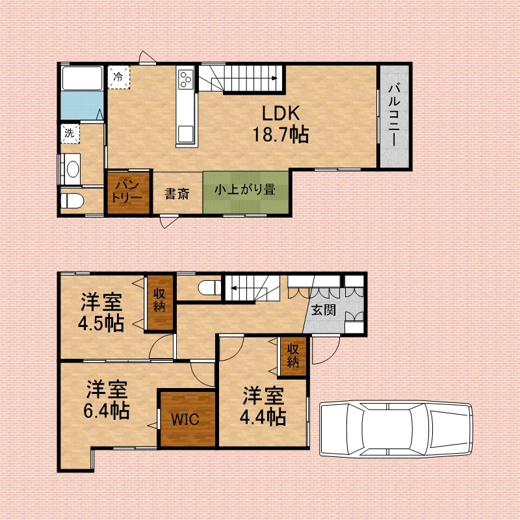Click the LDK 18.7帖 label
[281, 123]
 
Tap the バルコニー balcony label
[394, 115]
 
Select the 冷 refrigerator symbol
[118, 77]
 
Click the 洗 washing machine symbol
[70, 133]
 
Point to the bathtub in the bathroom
[83, 78]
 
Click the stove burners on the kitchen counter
[186, 79]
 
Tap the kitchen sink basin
[186, 134]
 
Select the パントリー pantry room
[128, 192]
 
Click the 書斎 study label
[177, 194]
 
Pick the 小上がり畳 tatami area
[246, 192]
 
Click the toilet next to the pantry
[71, 201]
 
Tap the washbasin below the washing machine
[70, 169]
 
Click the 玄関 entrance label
[323, 311]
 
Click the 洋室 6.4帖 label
[107, 400]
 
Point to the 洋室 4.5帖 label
[101, 313]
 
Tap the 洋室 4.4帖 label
[263, 406]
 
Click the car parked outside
[396, 429]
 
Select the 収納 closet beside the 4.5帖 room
[159, 303]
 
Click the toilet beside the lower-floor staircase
[209, 287]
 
